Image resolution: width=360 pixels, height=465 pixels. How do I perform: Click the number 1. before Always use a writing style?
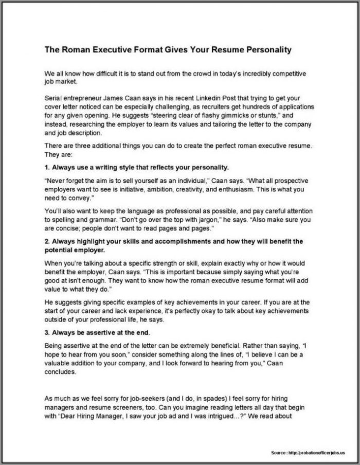click(x=48, y=167)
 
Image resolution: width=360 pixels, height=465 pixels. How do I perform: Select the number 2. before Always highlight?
click(x=48, y=241)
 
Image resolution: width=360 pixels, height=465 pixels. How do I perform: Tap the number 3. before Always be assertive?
click(x=48, y=332)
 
